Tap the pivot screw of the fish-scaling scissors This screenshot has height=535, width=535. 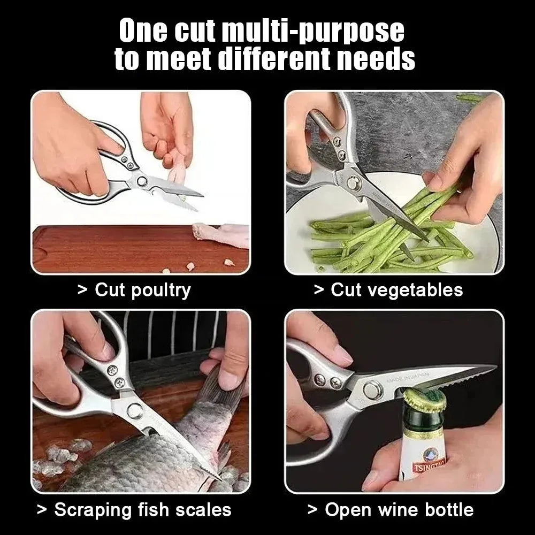(134, 411)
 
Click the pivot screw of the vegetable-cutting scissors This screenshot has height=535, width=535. (354, 184)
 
